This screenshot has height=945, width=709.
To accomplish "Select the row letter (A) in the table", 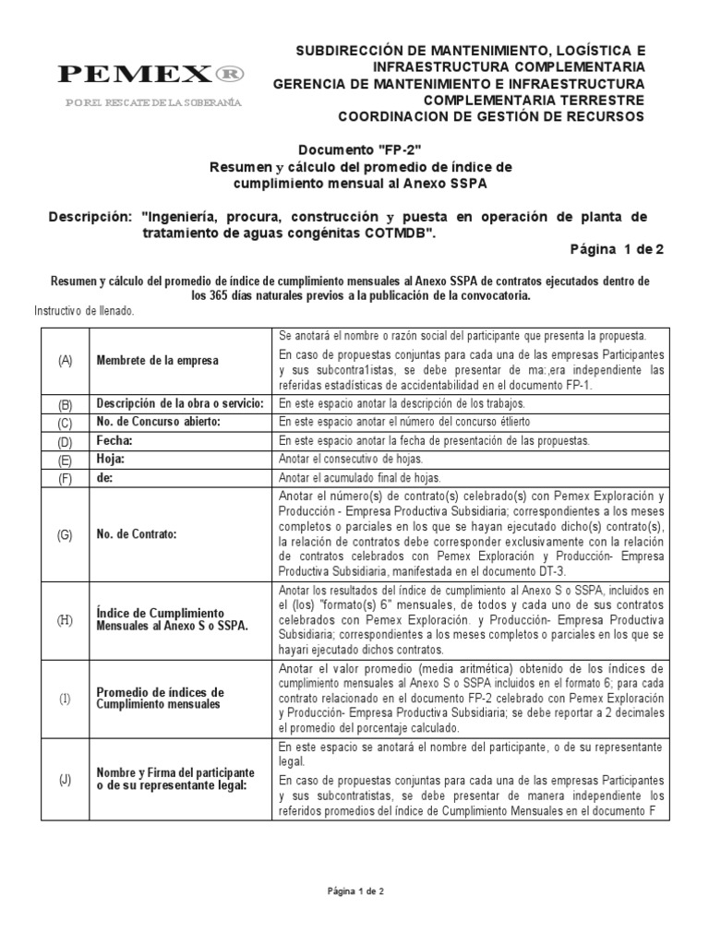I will [x=65, y=361].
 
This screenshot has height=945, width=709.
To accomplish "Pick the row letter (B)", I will [x=65, y=404].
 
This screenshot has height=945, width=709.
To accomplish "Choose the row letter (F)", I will [x=65, y=478].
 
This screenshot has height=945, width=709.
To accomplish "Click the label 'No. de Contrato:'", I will [x=138, y=534].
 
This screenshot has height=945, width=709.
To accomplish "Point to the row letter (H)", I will [x=65, y=620].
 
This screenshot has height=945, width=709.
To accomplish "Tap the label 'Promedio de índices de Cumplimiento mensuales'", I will [x=161, y=698].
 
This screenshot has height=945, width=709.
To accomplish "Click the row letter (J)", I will [x=65, y=780].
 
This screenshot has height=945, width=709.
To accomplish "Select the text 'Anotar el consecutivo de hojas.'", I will [x=351, y=460].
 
